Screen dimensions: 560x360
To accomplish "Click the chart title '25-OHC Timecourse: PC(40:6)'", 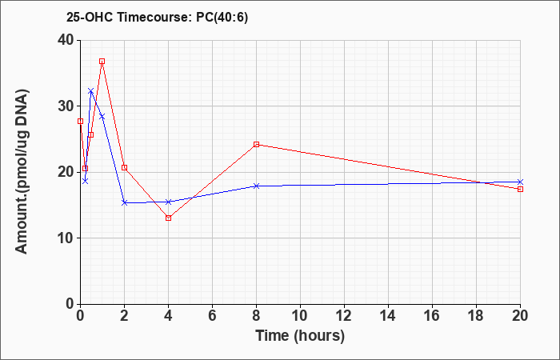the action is click(x=157, y=18).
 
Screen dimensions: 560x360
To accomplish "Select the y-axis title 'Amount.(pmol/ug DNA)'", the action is click(x=22, y=172).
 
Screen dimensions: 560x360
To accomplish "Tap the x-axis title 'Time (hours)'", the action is click(x=300, y=336).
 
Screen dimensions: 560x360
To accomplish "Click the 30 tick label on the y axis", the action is click(x=66, y=106).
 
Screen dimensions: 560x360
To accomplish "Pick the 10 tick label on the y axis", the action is click(x=66, y=238).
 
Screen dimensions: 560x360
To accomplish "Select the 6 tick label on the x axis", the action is click(x=212, y=316).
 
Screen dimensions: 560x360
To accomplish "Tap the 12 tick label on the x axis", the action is click(x=344, y=316).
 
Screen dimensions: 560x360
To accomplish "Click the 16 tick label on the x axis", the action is click(x=432, y=316).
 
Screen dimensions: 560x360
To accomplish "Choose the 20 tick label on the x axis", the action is click(x=520, y=316).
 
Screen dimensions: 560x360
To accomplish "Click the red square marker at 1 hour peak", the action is click(x=102, y=61).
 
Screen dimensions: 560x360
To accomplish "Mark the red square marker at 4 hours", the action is click(x=168, y=218).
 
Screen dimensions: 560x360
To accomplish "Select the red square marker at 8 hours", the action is click(x=256, y=144).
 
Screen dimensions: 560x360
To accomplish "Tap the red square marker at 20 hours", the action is click(x=520, y=189).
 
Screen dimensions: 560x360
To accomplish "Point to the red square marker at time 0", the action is click(x=80, y=121).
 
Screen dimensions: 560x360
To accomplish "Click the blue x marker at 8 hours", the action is click(x=256, y=186).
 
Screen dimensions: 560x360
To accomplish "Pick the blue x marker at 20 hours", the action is click(x=520, y=182).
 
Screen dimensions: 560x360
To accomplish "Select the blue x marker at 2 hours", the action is click(x=124, y=202).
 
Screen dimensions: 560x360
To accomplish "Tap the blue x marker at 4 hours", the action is click(x=168, y=202).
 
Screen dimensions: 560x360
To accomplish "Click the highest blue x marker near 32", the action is click(x=91, y=91).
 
